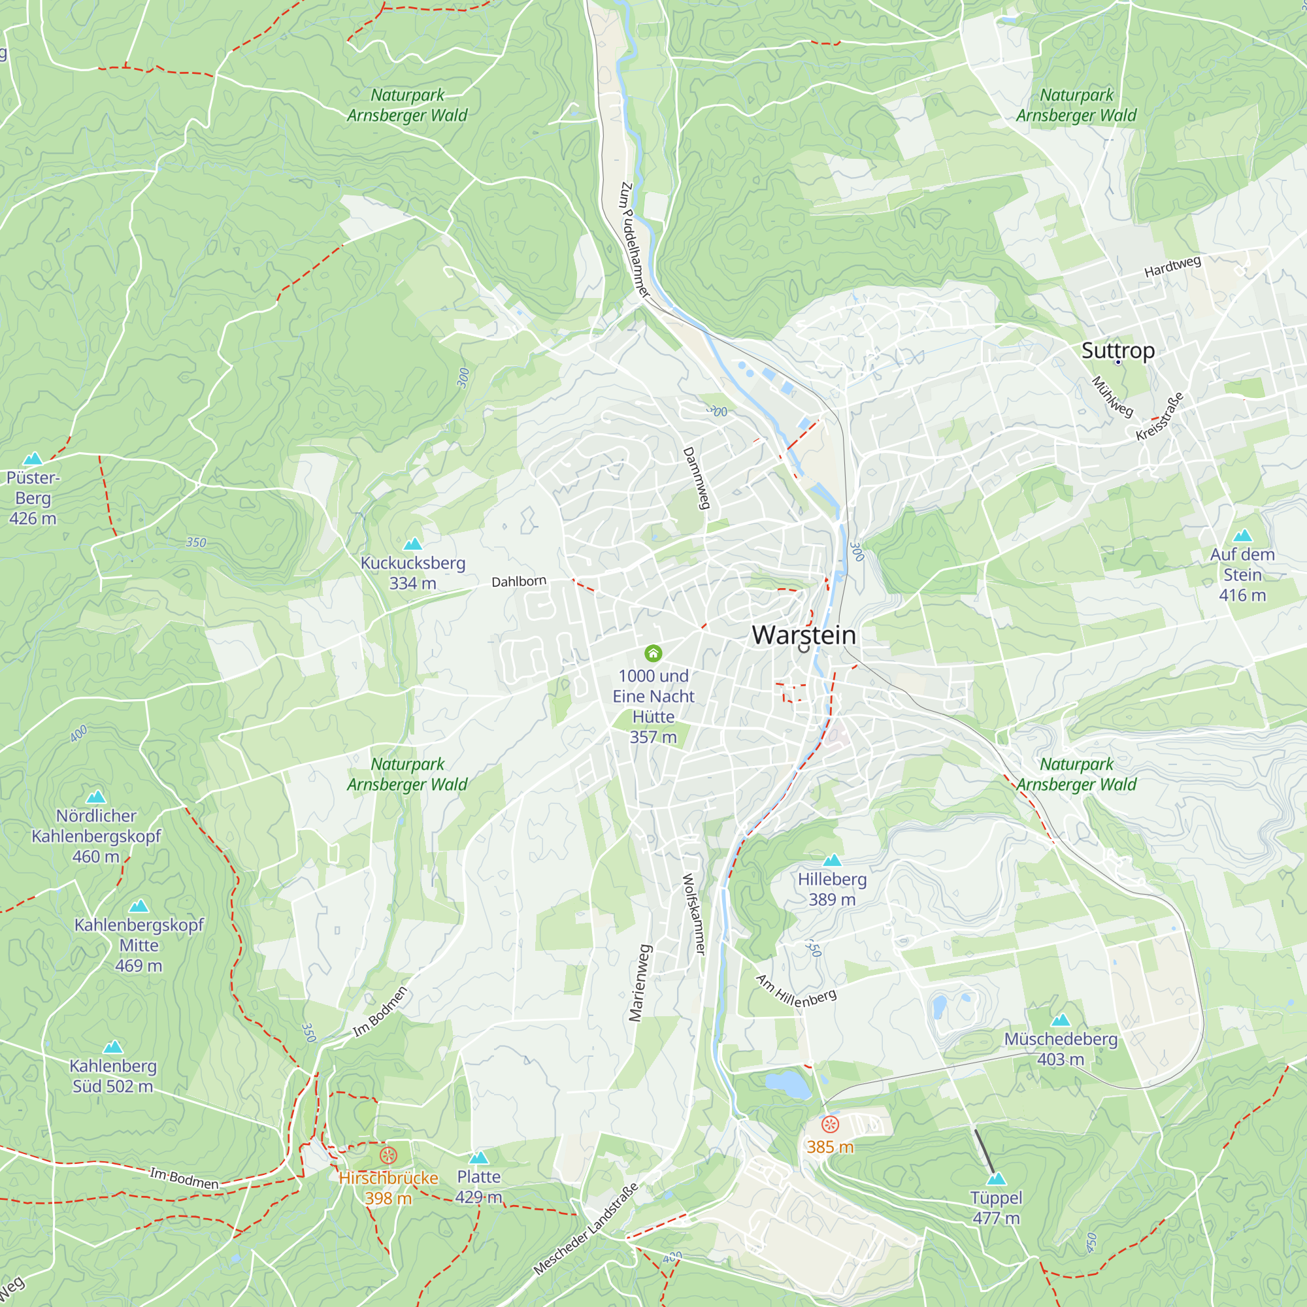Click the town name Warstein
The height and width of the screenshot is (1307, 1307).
point(804,635)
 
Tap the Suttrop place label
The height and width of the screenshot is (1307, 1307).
point(1117,350)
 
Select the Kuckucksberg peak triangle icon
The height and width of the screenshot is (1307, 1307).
point(412,543)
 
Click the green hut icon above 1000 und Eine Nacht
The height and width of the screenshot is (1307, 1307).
point(653,653)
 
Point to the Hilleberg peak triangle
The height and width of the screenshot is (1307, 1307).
point(832,860)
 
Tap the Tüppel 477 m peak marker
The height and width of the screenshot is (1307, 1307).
point(996,1179)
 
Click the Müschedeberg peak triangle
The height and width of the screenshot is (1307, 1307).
point(1060,1019)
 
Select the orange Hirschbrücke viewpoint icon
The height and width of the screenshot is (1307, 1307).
point(388,1155)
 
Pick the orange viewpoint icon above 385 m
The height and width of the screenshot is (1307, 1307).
point(829,1124)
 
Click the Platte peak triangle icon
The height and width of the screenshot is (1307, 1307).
point(478,1157)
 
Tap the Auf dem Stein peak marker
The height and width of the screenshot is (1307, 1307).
point(1242,536)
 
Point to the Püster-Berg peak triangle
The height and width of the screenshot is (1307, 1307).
point(33,459)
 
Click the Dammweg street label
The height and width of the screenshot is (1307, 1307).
point(696,478)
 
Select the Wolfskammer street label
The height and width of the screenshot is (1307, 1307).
point(693,915)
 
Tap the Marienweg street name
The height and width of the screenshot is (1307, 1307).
point(639,983)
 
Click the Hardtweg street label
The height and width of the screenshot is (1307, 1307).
point(1172,266)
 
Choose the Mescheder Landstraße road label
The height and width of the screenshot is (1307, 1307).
point(586,1229)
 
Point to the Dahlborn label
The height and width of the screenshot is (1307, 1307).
point(519,581)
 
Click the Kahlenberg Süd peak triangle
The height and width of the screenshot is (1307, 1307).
point(113,1047)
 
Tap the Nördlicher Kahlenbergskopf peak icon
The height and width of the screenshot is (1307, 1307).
point(96,796)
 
